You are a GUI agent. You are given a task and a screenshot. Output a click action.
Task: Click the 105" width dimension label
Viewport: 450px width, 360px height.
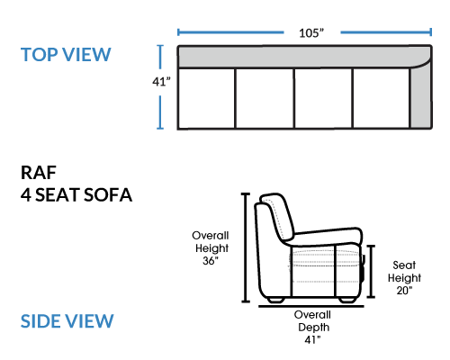(x=311, y=32)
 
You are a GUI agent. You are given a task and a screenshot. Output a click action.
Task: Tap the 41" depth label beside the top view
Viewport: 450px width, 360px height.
(x=161, y=82)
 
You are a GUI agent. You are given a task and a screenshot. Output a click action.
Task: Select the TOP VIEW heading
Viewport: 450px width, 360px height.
(x=66, y=55)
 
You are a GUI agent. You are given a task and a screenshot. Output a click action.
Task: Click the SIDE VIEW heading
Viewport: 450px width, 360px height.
(x=67, y=321)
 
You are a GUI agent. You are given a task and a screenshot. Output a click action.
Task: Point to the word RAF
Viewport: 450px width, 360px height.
(x=39, y=173)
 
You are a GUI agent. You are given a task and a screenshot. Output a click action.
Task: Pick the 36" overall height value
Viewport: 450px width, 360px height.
(x=211, y=261)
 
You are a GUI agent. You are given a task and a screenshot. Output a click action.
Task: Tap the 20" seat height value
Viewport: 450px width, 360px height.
(x=404, y=291)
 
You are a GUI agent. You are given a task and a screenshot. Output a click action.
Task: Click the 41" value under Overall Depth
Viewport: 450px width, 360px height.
(x=312, y=340)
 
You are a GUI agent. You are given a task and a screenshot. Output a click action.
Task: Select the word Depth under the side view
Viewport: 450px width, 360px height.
(x=314, y=328)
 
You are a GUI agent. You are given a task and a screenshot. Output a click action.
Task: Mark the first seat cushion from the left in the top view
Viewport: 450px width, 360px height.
(x=206, y=98)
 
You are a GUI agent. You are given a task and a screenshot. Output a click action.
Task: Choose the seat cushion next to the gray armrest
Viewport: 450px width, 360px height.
(x=382, y=98)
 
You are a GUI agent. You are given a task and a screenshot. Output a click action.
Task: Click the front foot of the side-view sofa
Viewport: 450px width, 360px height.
(x=347, y=300)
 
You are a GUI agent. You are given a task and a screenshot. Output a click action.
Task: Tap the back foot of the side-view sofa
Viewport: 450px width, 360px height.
(x=275, y=300)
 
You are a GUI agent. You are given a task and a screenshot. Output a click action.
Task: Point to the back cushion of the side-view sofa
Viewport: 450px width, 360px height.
(x=276, y=217)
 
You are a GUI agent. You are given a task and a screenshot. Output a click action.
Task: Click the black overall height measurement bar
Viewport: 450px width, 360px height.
(x=246, y=247)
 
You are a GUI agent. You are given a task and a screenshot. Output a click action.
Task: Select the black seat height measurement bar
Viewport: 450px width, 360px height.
(x=371, y=271)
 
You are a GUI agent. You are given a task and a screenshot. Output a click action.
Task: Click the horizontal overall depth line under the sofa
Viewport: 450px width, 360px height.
(x=311, y=306)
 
